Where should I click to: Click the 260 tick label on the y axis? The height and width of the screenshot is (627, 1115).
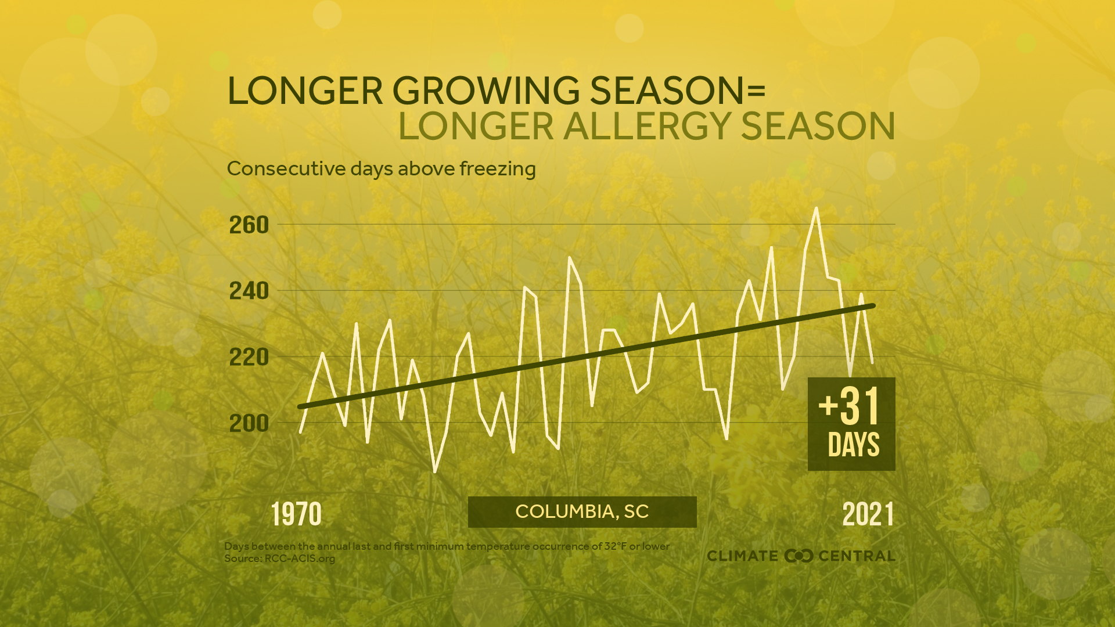249,225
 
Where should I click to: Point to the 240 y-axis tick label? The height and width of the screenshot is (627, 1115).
249,291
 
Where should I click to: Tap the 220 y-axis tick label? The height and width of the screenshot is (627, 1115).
249,357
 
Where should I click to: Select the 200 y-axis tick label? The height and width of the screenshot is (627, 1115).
249,423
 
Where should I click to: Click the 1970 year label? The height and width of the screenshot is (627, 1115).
296,514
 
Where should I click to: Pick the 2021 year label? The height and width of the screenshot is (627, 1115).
868,514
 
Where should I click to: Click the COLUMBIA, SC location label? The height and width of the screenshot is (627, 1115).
582,511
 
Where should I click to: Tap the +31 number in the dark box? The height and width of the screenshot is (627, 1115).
850,406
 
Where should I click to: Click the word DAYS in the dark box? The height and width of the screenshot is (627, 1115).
853,445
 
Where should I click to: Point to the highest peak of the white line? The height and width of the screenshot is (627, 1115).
817,208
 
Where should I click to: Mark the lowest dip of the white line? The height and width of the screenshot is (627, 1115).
435,471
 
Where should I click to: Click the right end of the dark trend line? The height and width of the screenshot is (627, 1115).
873,305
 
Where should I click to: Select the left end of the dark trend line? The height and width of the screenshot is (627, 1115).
300,407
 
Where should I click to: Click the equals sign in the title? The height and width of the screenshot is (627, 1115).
756,91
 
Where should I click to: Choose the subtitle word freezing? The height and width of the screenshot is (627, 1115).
498,169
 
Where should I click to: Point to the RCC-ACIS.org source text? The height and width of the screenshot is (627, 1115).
300,558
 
